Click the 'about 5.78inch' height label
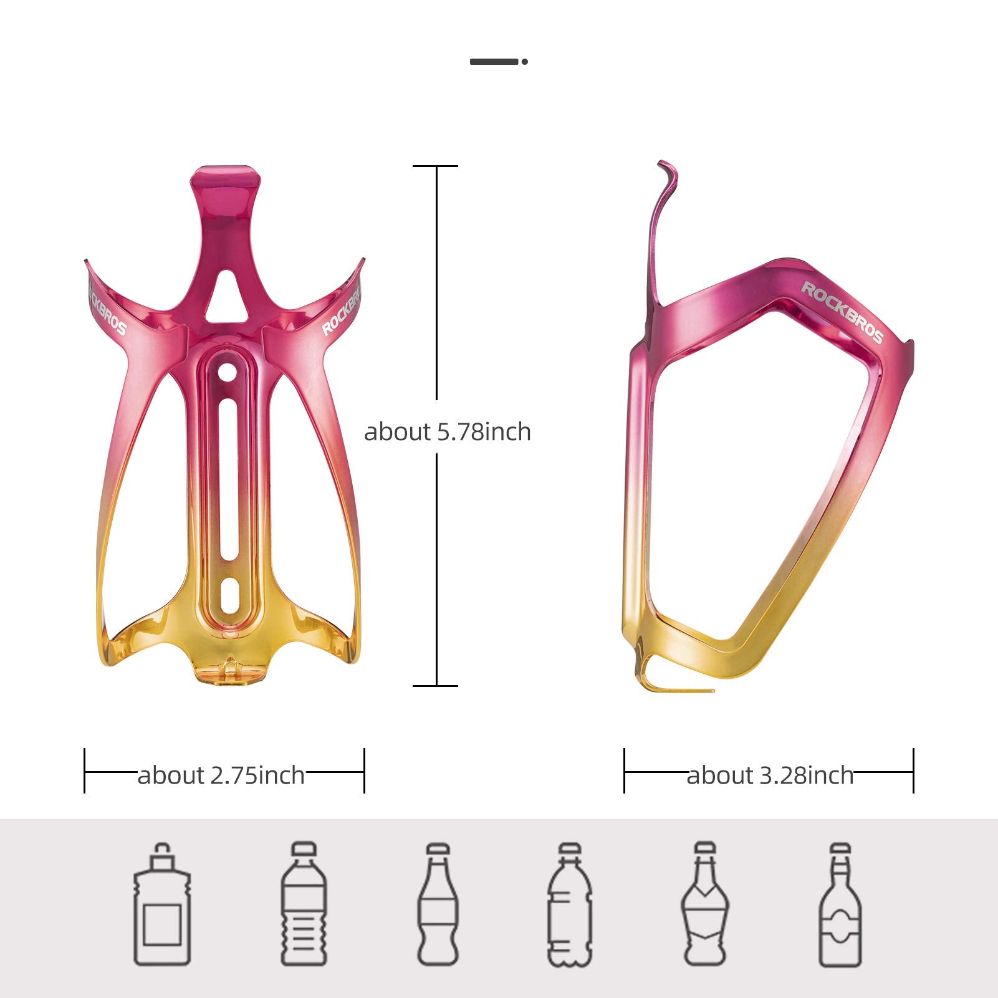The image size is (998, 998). click(x=447, y=432)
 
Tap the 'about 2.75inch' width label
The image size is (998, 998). click(x=221, y=775)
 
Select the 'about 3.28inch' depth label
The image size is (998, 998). click(x=770, y=775)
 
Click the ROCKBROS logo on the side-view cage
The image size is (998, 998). click(x=842, y=312)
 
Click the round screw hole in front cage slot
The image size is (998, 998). click(x=227, y=373)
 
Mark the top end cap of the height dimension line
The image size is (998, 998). click(x=436, y=166)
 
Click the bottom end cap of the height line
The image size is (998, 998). click(x=436, y=686)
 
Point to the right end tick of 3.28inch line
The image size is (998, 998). click(x=913, y=771)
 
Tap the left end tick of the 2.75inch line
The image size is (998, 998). click(x=84, y=771)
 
